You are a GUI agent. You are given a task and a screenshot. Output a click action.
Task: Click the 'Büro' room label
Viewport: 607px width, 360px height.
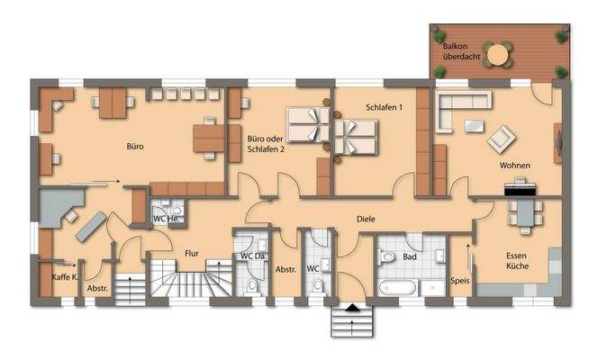pyautogui.click(x=135, y=145)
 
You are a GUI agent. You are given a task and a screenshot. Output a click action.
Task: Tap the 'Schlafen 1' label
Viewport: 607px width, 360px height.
pyautogui.click(x=384, y=107)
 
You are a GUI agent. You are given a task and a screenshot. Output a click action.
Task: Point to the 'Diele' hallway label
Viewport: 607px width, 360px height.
pyautogui.click(x=365, y=219)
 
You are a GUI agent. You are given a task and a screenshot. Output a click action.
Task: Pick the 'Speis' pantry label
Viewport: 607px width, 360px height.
pyautogui.click(x=459, y=280)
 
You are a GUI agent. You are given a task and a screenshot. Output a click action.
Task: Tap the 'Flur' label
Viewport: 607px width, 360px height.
pyautogui.click(x=191, y=253)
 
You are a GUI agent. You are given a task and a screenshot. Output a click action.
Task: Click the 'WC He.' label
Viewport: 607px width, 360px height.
pyautogui.click(x=166, y=219)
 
